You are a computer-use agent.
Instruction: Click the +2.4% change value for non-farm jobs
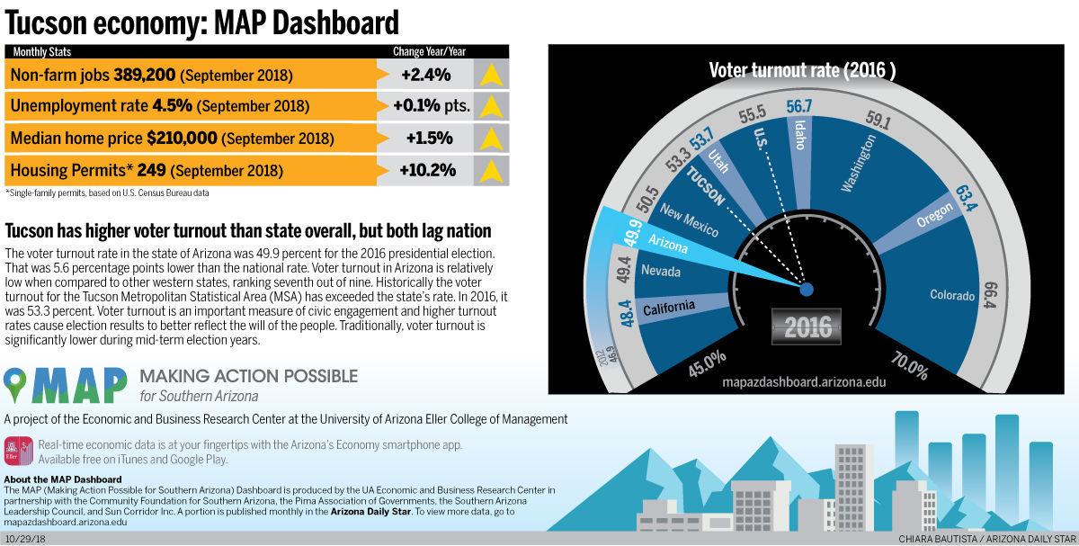(426, 74)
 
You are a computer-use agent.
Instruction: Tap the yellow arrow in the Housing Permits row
(491, 170)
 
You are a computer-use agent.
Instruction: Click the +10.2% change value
(429, 170)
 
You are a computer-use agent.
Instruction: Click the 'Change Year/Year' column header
(429, 51)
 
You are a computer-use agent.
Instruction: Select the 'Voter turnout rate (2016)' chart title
(802, 70)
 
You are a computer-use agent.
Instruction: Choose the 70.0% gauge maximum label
(909, 367)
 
